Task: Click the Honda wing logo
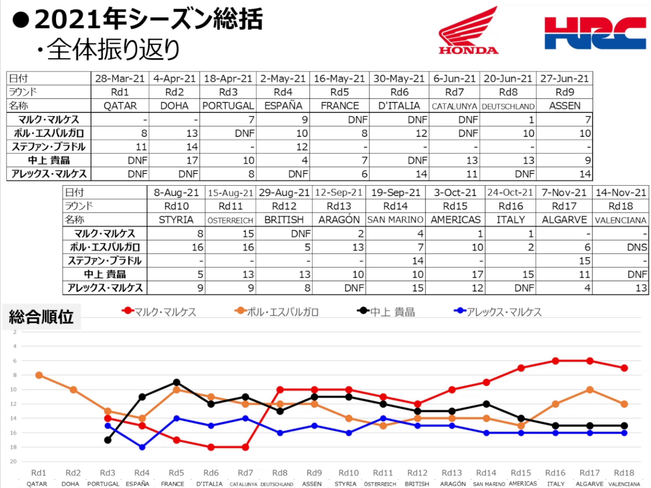click(x=468, y=31)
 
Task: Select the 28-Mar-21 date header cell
click(x=120, y=79)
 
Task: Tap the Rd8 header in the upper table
click(x=508, y=92)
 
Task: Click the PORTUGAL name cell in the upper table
click(x=228, y=106)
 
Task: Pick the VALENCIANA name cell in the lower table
click(x=620, y=220)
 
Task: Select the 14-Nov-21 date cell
click(x=620, y=193)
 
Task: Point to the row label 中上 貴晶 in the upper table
click(x=49, y=160)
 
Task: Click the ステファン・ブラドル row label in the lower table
click(x=105, y=261)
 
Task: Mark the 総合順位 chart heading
click(x=41, y=317)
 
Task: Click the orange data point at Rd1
click(x=39, y=375)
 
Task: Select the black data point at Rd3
click(x=108, y=440)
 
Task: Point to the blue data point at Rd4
click(x=142, y=447)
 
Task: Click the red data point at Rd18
click(x=624, y=368)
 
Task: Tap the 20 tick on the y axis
click(x=14, y=461)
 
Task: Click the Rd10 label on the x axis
click(x=349, y=473)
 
